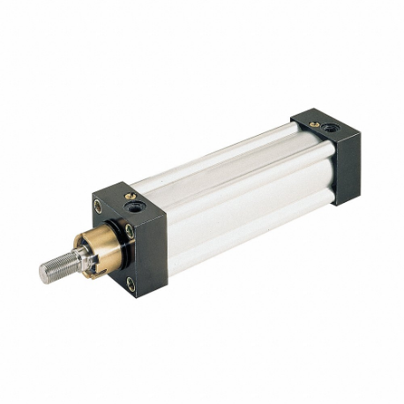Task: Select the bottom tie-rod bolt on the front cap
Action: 131,282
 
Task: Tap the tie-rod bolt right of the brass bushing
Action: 129,231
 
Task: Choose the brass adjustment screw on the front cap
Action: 130,197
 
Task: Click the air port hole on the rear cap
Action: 328,127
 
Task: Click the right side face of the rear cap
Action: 347,168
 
